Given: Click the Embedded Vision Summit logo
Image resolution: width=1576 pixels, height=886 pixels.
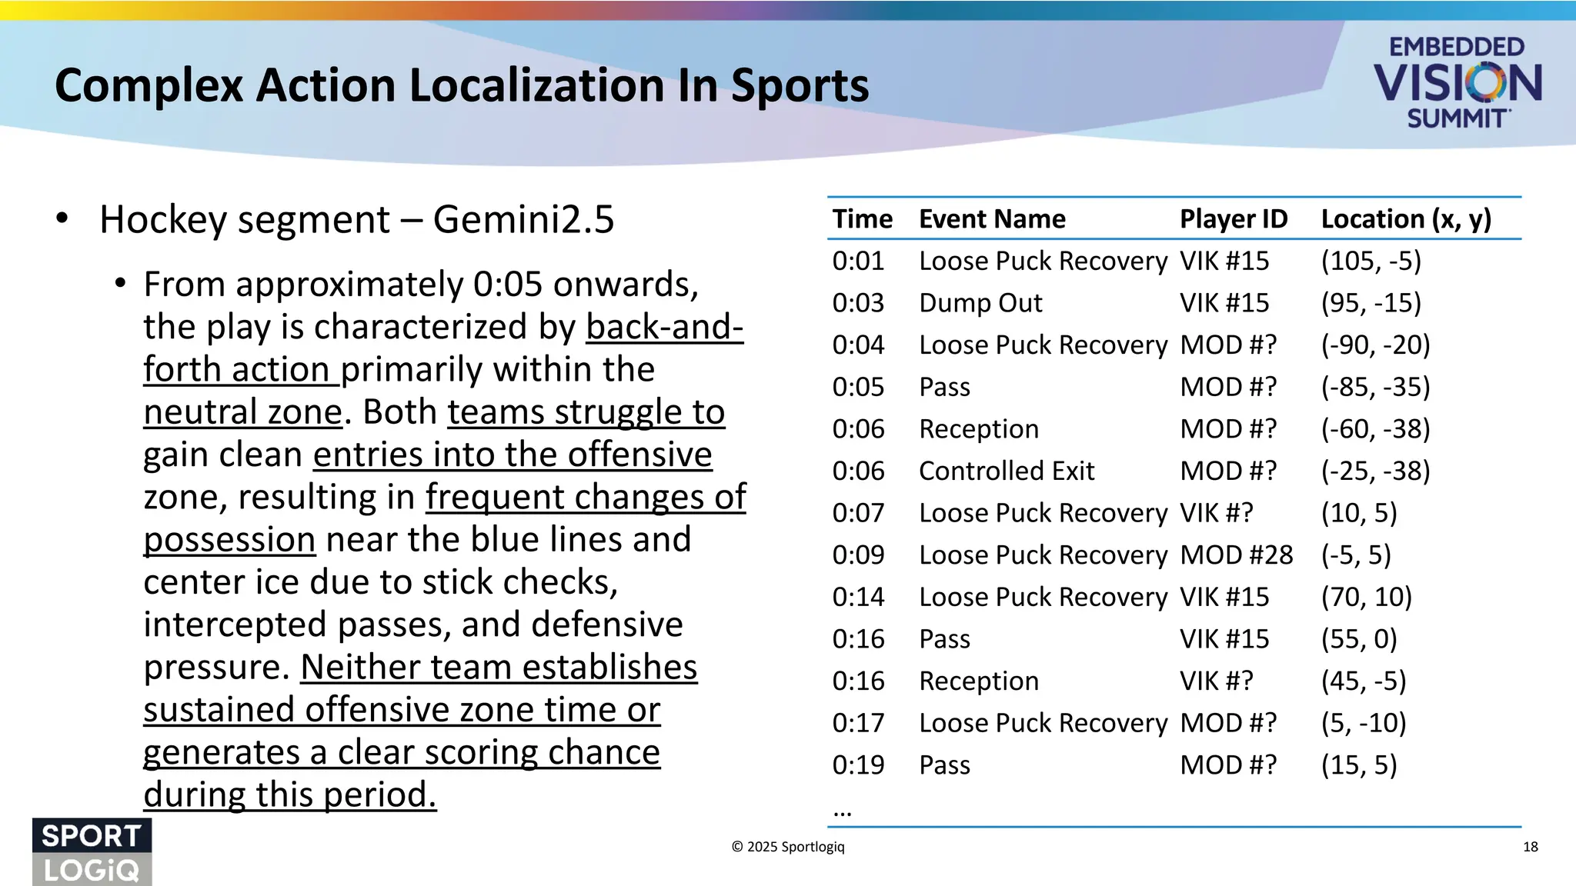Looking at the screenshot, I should click(x=1457, y=82).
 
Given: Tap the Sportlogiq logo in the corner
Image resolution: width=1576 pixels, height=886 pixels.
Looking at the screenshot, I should click(x=92, y=852).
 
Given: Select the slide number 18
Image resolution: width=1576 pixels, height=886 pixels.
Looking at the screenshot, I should click(x=1530, y=847).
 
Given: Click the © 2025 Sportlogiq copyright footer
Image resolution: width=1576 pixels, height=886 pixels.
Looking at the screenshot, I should click(x=787, y=847).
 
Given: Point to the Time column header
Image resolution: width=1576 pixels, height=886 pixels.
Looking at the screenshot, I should click(x=862, y=219).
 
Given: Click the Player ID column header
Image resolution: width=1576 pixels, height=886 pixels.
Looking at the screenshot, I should click(x=1233, y=219).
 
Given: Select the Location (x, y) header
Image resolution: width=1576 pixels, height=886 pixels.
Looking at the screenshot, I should click(x=1406, y=219).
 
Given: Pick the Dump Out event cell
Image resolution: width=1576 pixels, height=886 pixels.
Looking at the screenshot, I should click(x=980, y=303).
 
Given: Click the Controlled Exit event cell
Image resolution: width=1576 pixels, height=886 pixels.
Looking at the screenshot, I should click(x=1007, y=471).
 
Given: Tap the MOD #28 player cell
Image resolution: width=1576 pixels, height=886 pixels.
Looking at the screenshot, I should click(x=1236, y=555).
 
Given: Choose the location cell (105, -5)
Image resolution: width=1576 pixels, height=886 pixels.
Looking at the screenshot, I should click(x=1371, y=261).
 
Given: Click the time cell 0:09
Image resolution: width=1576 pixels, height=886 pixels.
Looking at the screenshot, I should click(x=858, y=555).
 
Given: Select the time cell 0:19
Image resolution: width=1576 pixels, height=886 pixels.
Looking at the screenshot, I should click(x=858, y=765).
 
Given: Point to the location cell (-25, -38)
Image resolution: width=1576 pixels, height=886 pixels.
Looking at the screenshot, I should click(x=1375, y=471).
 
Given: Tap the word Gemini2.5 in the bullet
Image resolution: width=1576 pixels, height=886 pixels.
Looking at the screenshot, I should click(x=523, y=220).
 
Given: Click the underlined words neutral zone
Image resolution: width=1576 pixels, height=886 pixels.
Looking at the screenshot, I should click(x=242, y=412).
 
